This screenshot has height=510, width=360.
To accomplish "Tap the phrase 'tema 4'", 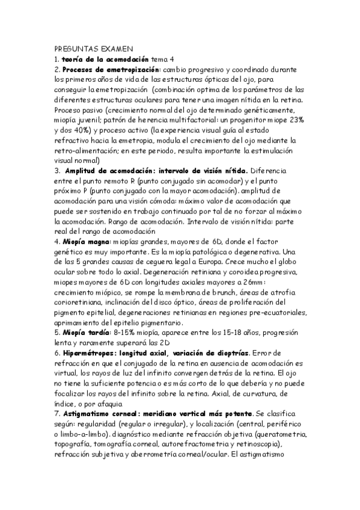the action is (162, 59).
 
